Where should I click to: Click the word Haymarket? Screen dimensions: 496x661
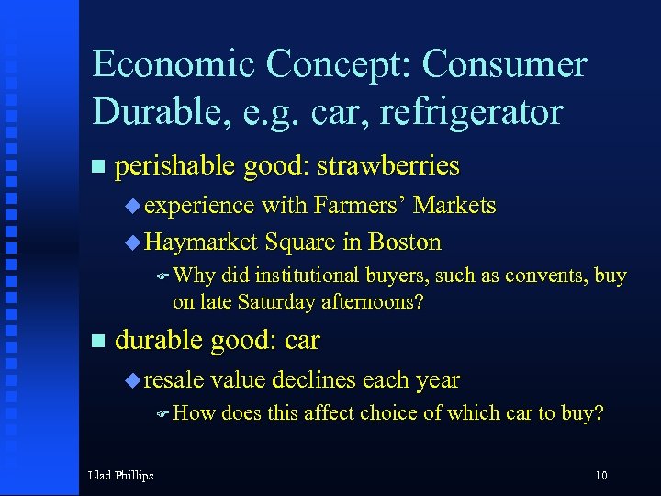[201, 242]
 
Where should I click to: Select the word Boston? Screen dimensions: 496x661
[404, 242]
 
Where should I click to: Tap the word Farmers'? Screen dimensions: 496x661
[356, 205]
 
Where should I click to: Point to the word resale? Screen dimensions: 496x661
[174, 379]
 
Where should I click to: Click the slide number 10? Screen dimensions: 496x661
[600, 475]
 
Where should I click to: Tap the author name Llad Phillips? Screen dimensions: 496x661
[120, 475]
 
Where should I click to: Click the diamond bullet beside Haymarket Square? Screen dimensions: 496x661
[133, 243]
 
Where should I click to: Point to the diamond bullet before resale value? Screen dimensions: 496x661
[133, 379]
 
